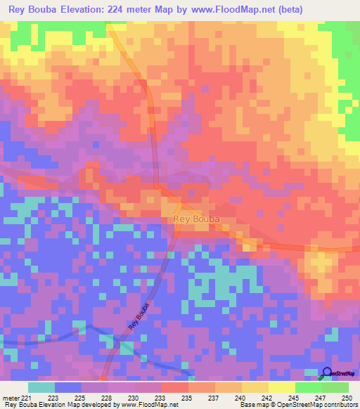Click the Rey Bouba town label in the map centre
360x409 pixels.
pos(196,219)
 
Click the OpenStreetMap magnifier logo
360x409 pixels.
pos(327,374)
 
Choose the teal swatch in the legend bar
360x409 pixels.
pos(41,387)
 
